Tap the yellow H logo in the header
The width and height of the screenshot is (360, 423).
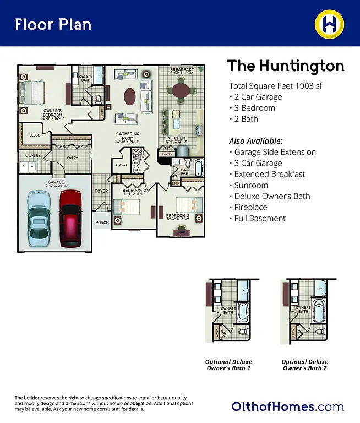pyautogui.click(x=329, y=24)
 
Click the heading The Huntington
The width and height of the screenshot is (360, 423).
pyautogui.click(x=285, y=66)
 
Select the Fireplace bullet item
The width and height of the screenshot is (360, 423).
pyautogui.click(x=250, y=207)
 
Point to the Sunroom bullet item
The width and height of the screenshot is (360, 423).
pyautogui.click(x=251, y=185)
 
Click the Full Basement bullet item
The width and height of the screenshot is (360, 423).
pyautogui.click(x=260, y=218)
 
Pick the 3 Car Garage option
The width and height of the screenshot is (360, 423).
pyautogui.click(x=258, y=163)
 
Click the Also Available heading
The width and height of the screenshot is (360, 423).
pyautogui.click(x=255, y=141)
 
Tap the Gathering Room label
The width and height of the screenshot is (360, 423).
pyautogui.click(x=127, y=137)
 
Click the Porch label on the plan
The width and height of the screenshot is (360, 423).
pyautogui.click(x=102, y=223)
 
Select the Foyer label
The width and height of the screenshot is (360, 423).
pyautogui.click(x=101, y=191)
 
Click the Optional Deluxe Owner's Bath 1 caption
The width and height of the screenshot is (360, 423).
pyautogui.click(x=228, y=365)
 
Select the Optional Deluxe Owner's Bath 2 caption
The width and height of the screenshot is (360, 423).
pyautogui.click(x=304, y=365)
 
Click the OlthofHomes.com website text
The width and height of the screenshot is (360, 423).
pyautogui.click(x=287, y=407)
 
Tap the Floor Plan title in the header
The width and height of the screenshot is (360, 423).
pyautogui.click(x=53, y=24)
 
